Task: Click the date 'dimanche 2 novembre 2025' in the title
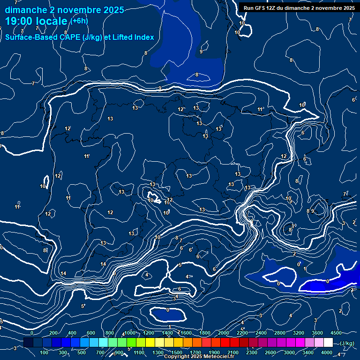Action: tap(64, 10)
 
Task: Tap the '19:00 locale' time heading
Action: tap(37, 22)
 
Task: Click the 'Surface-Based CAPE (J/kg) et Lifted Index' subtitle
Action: tap(80, 37)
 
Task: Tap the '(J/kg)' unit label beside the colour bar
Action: tap(347, 343)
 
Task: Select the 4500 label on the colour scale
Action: tap(337, 333)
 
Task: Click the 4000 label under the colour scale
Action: tap(327, 352)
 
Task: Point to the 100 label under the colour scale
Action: tap(45, 352)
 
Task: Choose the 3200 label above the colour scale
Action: tap(299, 333)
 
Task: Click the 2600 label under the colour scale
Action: tap(270, 352)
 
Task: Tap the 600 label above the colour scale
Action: tap(90, 333)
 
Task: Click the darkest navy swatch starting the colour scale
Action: tap(28, 343)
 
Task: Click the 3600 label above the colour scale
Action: tap(317, 333)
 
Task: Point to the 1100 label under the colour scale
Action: tap(139, 352)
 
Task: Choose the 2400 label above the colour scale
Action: tap(261, 333)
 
